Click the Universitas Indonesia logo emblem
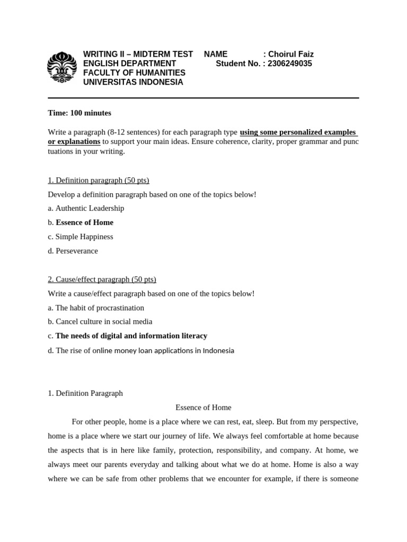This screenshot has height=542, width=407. click(62, 67)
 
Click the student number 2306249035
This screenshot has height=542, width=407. click(290, 64)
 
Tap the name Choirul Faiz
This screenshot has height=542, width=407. click(291, 54)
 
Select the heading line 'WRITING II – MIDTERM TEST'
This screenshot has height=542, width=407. click(138, 54)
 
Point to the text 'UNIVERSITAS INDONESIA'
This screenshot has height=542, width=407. click(133, 82)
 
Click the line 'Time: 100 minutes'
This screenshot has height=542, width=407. click(79, 113)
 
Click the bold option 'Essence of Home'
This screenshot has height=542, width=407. click(85, 222)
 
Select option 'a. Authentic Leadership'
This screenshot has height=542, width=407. click(86, 208)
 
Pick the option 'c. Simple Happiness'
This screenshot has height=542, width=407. click(81, 237)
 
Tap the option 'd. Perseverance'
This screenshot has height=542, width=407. click(73, 251)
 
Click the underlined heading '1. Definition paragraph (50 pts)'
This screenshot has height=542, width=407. click(99, 180)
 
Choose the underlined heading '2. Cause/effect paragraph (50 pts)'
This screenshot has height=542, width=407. click(102, 279)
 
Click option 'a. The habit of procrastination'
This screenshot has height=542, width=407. click(96, 308)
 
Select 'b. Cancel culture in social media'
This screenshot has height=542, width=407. click(100, 321)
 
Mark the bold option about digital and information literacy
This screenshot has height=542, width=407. click(131, 336)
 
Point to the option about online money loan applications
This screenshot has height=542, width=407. click(141, 350)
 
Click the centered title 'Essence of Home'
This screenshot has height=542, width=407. click(203, 408)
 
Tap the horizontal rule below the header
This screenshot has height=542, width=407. click(203, 98)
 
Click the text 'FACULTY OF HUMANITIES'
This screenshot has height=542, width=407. click(134, 73)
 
